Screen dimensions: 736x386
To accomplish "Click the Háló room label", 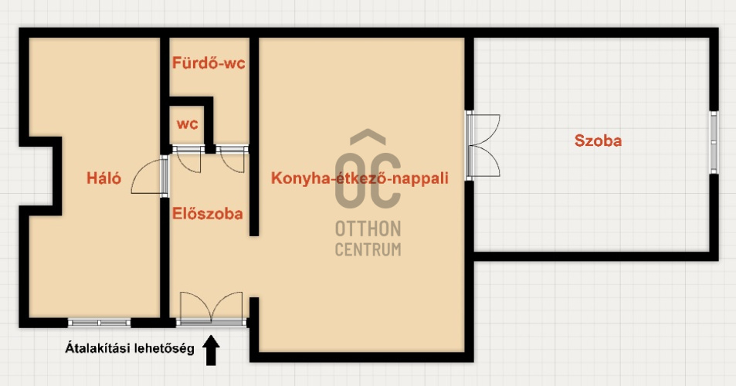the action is (103, 178).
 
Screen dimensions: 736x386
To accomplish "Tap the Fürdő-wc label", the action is (209, 63).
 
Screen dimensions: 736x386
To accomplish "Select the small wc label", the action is (188, 124).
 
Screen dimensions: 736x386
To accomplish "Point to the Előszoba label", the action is (207, 214).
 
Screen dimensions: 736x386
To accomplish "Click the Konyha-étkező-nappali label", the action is (360, 178).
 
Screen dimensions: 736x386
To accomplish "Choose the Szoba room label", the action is (598, 141).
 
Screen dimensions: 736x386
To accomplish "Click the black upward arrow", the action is (212, 350).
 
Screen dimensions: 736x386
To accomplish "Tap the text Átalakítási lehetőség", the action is (130, 348).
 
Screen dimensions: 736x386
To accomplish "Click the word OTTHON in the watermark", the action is (368, 229).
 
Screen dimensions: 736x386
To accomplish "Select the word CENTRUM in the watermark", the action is (368, 249).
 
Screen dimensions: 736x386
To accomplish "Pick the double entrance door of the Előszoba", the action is (212, 308).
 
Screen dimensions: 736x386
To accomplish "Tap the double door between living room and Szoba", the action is (483, 145).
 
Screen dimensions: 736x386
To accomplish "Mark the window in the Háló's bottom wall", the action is (99, 323).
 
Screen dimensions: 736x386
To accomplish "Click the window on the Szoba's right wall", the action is (714, 142).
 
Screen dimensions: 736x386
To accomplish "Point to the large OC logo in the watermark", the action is (368, 181).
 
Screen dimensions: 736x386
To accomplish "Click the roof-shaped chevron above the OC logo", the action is (368, 137).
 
